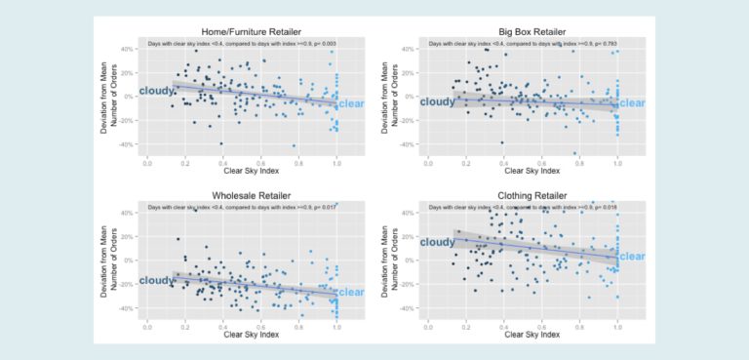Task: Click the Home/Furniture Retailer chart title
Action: (241, 31)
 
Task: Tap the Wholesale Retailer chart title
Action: (241, 195)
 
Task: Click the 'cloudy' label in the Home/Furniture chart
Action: (155, 91)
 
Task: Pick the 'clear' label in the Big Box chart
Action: (633, 103)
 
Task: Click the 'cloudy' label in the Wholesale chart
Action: (156, 281)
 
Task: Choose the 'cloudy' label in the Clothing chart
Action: (436, 242)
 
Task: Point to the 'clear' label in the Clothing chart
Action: (633, 257)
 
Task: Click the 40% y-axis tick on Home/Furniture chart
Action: (126, 49)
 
